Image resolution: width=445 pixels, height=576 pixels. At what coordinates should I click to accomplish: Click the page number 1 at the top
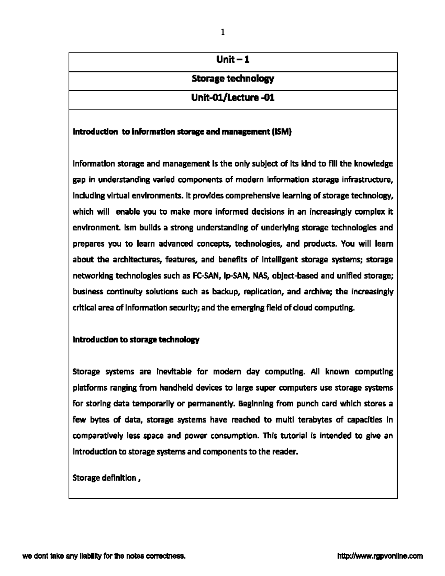coord(222,33)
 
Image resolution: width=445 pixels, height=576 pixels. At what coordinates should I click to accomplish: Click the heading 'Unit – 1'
coord(233,59)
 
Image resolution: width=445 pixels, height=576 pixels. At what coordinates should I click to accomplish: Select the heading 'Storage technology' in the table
coord(233,79)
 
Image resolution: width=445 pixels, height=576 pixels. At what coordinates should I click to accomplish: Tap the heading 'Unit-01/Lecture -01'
coord(233,98)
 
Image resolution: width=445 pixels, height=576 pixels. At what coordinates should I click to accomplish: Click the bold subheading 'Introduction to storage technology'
coord(136,340)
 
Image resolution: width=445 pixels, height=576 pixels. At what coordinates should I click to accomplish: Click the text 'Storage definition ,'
coord(106,478)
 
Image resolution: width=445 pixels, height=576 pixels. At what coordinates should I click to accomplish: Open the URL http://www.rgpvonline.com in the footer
coord(380,556)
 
